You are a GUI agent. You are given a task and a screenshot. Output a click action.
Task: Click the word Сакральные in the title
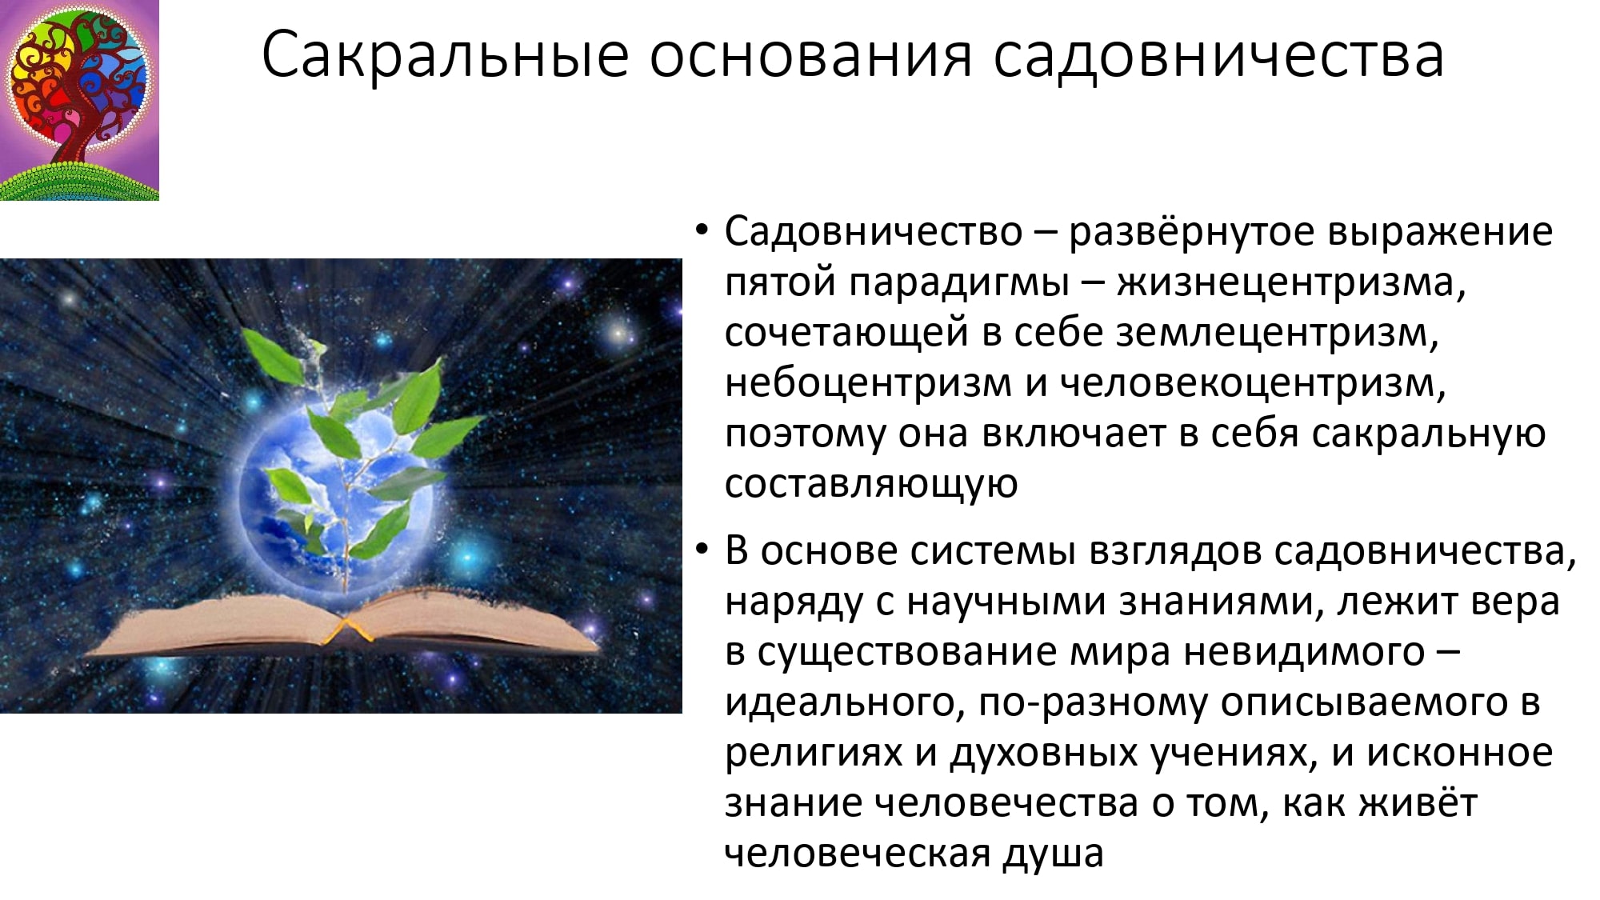[446, 55]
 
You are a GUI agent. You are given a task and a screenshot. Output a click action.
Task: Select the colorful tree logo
[79, 100]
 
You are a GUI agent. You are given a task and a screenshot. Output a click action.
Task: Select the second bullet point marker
[702, 550]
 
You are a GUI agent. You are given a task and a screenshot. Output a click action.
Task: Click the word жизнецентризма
[1291, 282]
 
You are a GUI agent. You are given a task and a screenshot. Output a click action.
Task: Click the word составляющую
[871, 484]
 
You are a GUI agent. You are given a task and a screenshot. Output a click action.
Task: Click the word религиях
[814, 754]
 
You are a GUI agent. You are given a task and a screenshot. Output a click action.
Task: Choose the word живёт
[1419, 802]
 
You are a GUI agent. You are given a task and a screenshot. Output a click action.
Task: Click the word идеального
[845, 703]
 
